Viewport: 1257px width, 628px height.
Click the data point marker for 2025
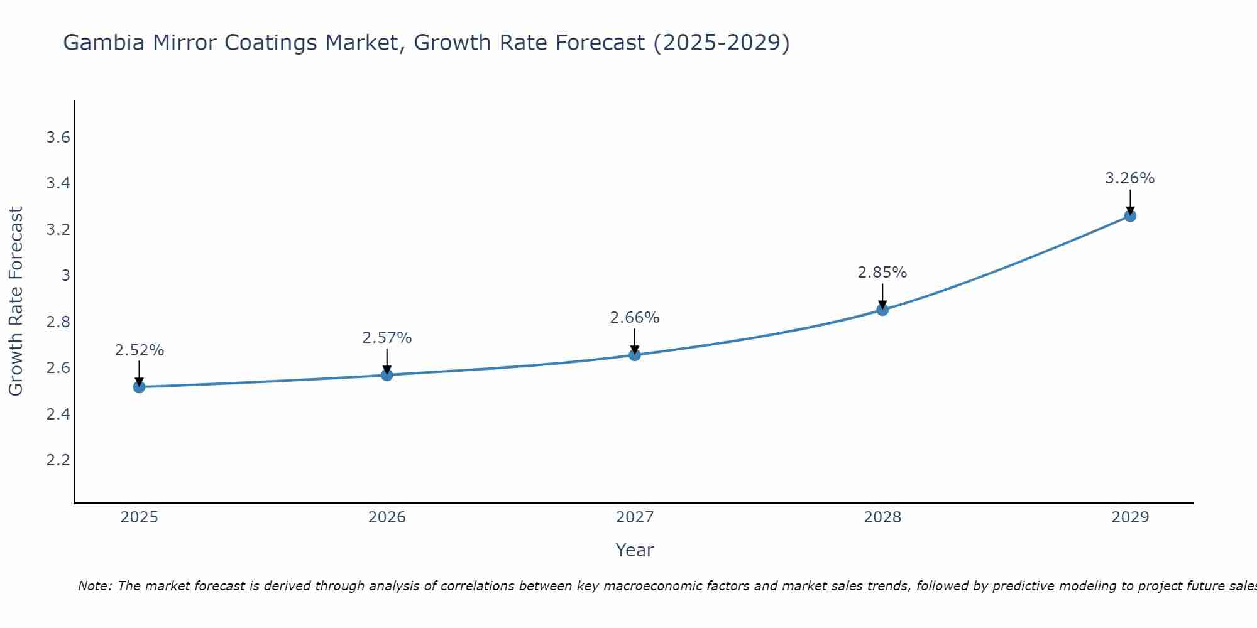[139, 387]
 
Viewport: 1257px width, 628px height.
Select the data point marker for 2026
[387, 375]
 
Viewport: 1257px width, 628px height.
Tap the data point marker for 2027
[635, 355]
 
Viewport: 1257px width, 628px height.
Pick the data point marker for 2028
[882, 310]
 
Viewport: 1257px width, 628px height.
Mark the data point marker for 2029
[1130, 216]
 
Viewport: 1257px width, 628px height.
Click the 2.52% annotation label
[139, 350]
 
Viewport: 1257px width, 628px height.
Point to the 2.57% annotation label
[387, 338]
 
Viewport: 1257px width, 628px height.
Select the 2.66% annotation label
[635, 318]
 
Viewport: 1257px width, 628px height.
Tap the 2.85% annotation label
[882, 273]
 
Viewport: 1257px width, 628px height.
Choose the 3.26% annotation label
[1130, 178]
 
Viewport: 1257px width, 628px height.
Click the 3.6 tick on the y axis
[58, 138]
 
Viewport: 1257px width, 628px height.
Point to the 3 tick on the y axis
[65, 276]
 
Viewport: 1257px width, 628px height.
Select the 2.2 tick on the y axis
[58, 460]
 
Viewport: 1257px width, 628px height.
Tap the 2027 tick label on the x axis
[635, 517]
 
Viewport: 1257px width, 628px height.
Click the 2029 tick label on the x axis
[1130, 517]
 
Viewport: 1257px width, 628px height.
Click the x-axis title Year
[635, 550]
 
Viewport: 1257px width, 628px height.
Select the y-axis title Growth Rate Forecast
[16, 301]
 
